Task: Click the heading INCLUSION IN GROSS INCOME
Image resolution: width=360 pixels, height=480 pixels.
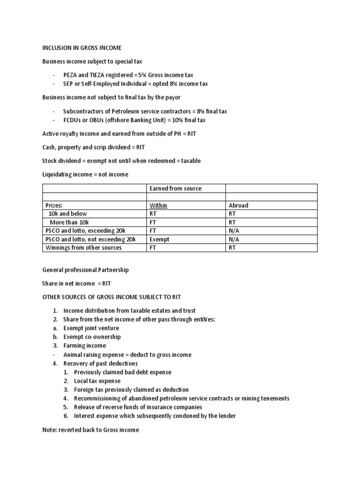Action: (x=82, y=47)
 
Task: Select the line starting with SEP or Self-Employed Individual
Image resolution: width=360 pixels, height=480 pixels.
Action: (x=135, y=84)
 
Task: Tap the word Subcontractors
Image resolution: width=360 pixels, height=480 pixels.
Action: (x=83, y=112)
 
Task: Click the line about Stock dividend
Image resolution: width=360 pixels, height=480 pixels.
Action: (x=121, y=161)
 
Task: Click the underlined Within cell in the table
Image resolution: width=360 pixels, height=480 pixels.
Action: (x=158, y=205)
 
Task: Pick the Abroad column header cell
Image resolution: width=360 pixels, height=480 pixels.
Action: (x=238, y=205)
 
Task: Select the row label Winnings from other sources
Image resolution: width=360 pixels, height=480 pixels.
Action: (x=83, y=247)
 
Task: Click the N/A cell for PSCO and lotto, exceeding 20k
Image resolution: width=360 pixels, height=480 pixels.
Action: (x=234, y=231)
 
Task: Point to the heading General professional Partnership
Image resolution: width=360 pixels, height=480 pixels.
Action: (x=85, y=270)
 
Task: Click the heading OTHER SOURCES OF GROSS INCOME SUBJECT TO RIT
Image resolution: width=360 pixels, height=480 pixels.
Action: (x=112, y=297)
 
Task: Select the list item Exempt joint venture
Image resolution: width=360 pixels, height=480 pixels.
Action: (x=91, y=328)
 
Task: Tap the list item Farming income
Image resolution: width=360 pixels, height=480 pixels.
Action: (x=84, y=346)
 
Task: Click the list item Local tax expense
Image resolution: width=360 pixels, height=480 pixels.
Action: (x=97, y=381)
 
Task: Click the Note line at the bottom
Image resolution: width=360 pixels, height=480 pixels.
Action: (x=90, y=430)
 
